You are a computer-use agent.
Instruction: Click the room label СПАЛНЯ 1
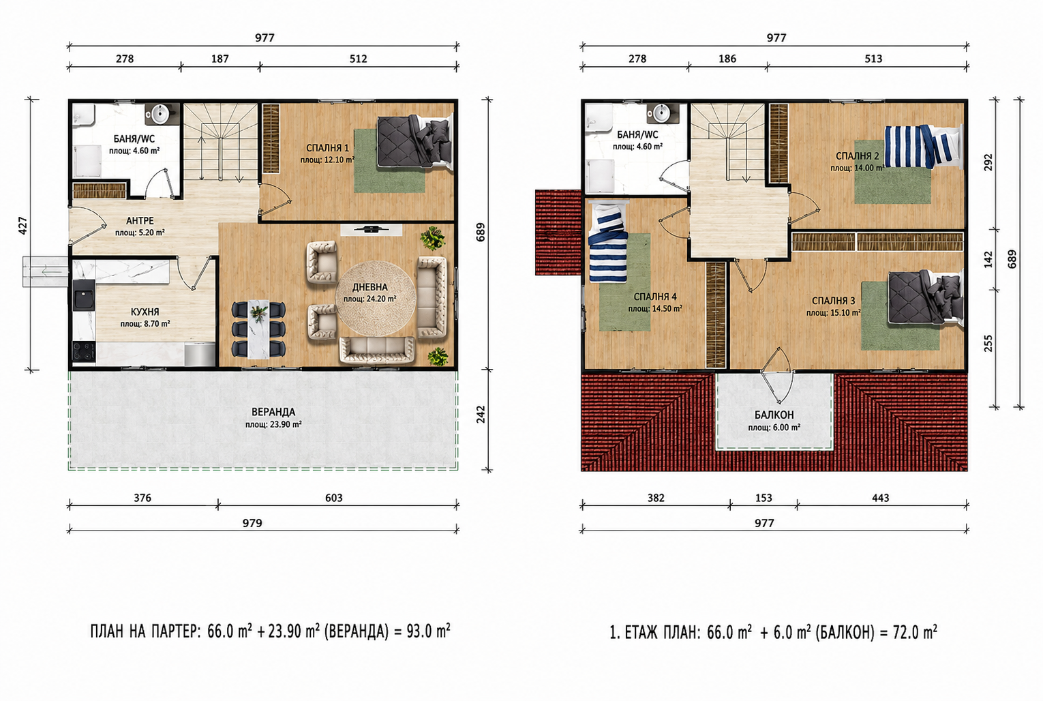pos(327,148)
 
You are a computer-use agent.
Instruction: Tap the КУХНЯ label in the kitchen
pos(145,312)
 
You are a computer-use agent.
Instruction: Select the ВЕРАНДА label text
pos(273,412)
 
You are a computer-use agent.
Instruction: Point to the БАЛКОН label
pos(774,415)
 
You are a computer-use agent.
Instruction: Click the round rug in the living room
pos(376,297)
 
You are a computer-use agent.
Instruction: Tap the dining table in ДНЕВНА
pos(258,329)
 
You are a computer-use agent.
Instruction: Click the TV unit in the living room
pos(372,229)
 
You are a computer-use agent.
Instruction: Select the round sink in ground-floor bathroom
pos(161,114)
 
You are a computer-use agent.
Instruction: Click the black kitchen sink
pos(84,295)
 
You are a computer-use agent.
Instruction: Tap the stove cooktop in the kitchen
pos(84,352)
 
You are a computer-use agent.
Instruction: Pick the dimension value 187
pos(220,59)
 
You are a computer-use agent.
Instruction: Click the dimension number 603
pos(334,498)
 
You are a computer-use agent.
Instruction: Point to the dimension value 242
pos(481,415)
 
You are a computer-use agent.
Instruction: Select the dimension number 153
pos(764,498)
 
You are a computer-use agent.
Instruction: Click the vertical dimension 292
pos(988,162)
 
